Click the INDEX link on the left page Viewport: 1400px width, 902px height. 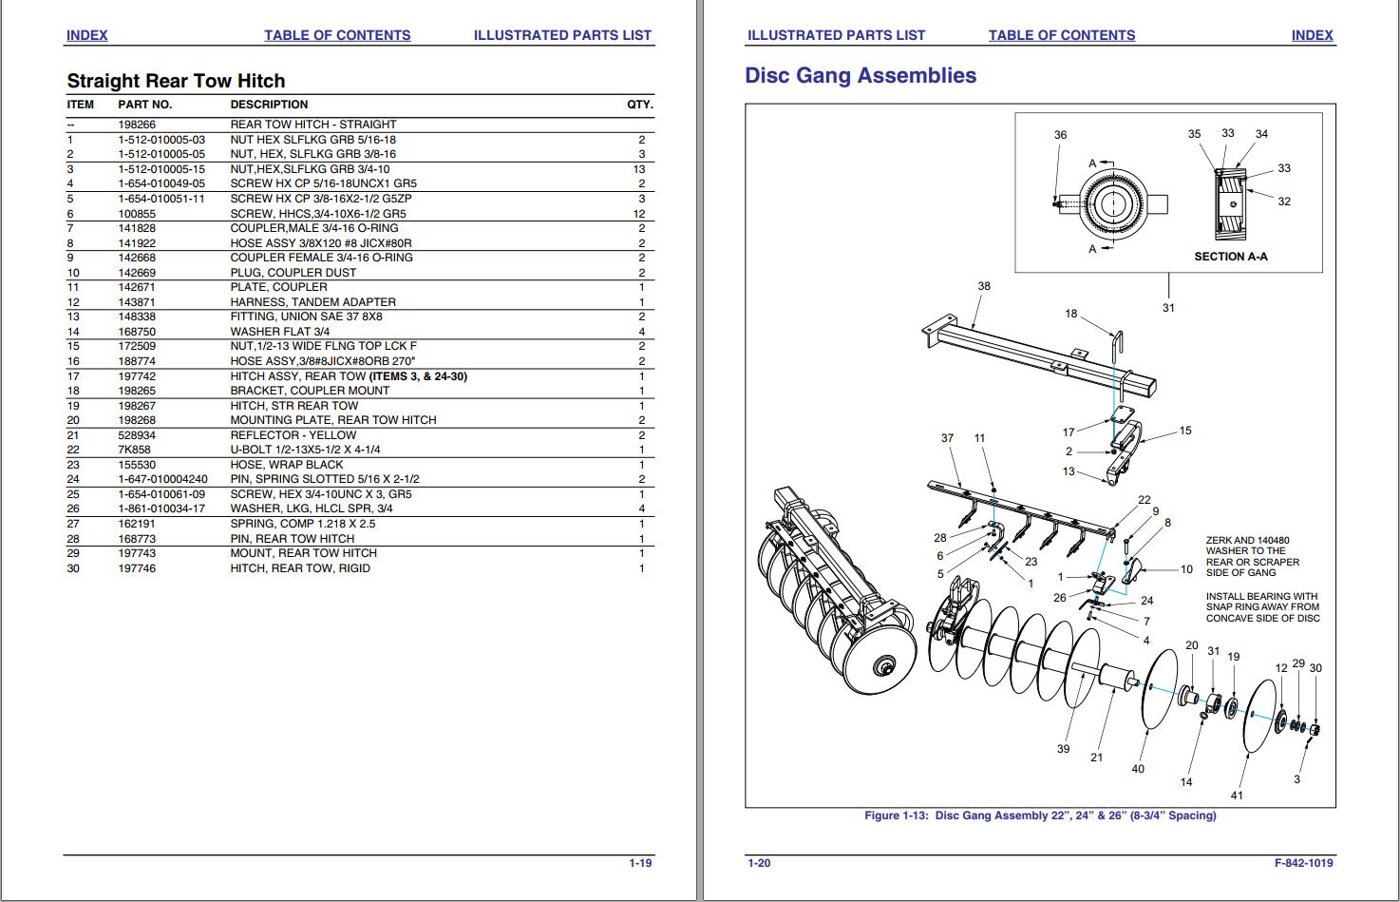click(86, 35)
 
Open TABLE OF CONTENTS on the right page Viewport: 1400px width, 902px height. click(1061, 35)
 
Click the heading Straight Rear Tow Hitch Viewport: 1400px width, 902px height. click(176, 81)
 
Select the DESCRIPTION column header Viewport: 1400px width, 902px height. click(269, 105)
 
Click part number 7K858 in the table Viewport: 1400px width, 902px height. click(134, 450)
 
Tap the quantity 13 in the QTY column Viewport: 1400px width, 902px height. click(639, 169)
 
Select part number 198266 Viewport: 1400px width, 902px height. click(137, 125)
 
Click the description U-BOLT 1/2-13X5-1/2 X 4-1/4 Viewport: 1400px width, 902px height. click(305, 450)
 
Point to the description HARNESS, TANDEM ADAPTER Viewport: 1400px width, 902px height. click(312, 302)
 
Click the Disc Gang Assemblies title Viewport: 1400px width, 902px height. click(860, 75)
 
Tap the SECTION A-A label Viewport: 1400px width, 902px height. click(1230, 257)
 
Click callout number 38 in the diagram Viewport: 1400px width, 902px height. click(984, 286)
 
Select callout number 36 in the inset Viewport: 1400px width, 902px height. click(1060, 135)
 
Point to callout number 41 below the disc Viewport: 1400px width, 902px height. click(1236, 795)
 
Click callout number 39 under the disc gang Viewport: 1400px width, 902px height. click(1063, 748)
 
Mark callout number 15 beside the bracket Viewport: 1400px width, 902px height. click(1184, 431)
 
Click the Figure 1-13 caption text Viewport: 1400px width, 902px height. click(1039, 816)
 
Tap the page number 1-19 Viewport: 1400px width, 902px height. click(640, 863)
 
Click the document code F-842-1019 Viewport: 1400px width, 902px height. click(1303, 863)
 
